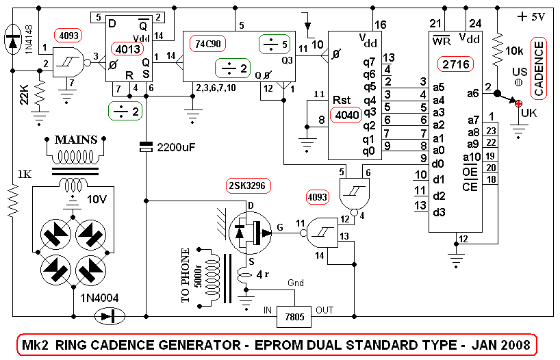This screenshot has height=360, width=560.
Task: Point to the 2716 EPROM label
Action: tap(455, 64)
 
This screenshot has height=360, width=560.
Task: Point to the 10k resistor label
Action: tap(513, 51)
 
